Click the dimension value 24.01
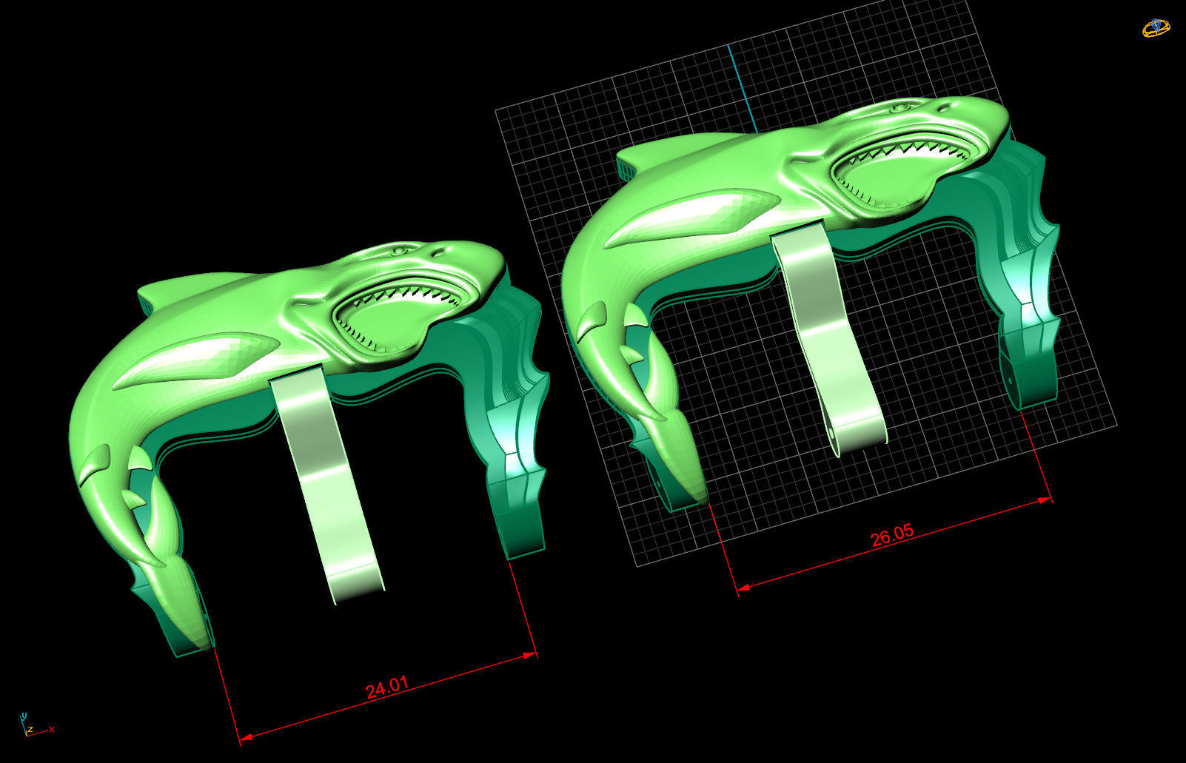[387, 688]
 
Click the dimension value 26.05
[892, 535]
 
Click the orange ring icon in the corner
[1156, 28]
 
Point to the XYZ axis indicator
[28, 725]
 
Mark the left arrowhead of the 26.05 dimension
[743, 587]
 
